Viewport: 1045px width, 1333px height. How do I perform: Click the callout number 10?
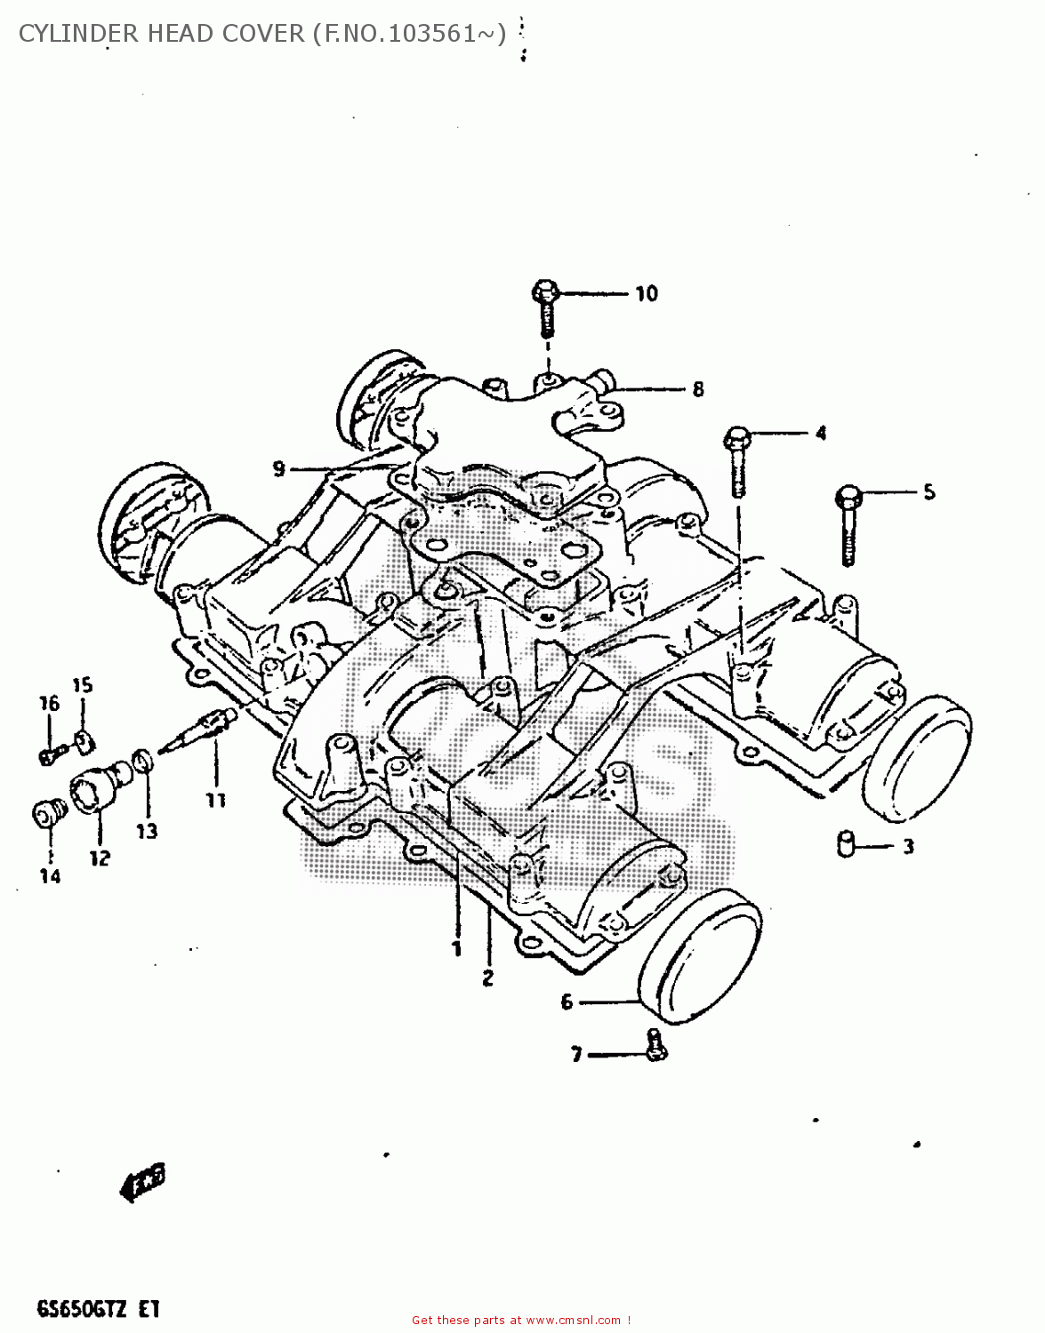[647, 293]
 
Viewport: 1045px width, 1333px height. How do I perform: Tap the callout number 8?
[698, 389]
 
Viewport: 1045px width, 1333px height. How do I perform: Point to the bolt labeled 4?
[736, 459]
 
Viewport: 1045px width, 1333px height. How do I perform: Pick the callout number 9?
[279, 468]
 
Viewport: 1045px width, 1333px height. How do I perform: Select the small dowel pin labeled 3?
[846, 843]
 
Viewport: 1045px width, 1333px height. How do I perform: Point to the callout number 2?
[487, 978]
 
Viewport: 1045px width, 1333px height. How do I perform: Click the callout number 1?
[456, 949]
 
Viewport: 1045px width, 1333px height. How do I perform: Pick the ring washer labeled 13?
[141, 762]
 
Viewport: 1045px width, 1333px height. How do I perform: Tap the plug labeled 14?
[48, 813]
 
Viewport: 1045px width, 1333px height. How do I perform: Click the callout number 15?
[82, 685]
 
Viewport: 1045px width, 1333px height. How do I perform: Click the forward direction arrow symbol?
[142, 1182]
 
